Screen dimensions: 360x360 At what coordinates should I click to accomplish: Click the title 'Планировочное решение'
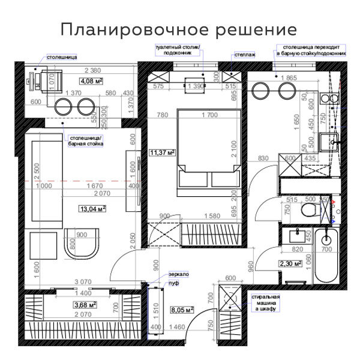pyautogui.click(x=179, y=29)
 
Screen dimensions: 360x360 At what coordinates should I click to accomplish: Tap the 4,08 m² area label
pyautogui.click(x=91, y=80)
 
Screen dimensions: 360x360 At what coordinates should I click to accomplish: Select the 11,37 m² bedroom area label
pyautogui.click(x=162, y=152)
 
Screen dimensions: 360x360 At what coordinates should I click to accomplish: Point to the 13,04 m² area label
pyautogui.click(x=92, y=209)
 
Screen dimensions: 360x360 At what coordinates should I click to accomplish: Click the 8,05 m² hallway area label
pyautogui.click(x=182, y=310)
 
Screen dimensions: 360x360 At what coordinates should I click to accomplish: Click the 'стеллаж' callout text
pyautogui.click(x=245, y=55)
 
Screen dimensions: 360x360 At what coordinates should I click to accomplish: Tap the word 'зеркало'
pyautogui.click(x=178, y=274)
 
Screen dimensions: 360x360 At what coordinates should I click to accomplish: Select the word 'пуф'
pyautogui.click(x=174, y=282)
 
